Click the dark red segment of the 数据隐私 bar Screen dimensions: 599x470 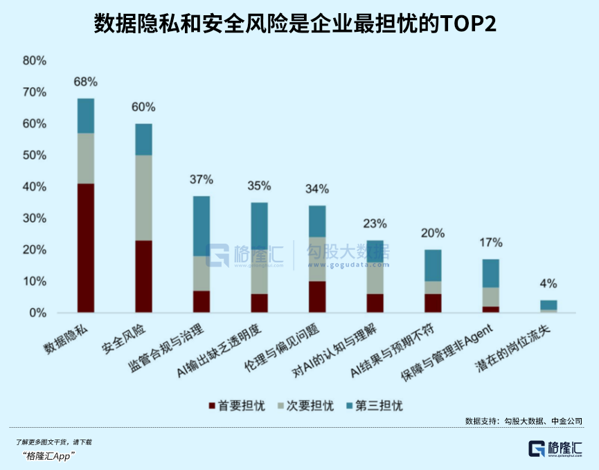86,248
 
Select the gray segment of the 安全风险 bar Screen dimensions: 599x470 143,198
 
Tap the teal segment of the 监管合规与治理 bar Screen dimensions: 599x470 202,226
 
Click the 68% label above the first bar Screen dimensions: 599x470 86,82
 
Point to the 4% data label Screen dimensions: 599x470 548,284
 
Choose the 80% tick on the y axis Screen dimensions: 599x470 35,60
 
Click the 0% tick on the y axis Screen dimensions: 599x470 37,313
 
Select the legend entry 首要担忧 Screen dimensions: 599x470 237,406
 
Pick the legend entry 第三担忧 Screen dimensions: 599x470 375,406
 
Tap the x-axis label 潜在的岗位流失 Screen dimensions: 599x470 512,348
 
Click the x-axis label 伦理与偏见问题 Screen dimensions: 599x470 282,348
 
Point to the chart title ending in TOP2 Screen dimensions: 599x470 295,24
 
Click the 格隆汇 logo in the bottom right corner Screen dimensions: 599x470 555,449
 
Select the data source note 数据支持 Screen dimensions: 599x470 524,421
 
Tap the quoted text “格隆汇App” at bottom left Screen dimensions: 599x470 48,456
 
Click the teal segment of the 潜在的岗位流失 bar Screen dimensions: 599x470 548,305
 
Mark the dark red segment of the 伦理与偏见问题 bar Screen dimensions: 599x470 317,297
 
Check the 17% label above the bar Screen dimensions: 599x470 491,242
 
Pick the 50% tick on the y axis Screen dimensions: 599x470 35,155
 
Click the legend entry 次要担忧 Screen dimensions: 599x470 305,406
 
